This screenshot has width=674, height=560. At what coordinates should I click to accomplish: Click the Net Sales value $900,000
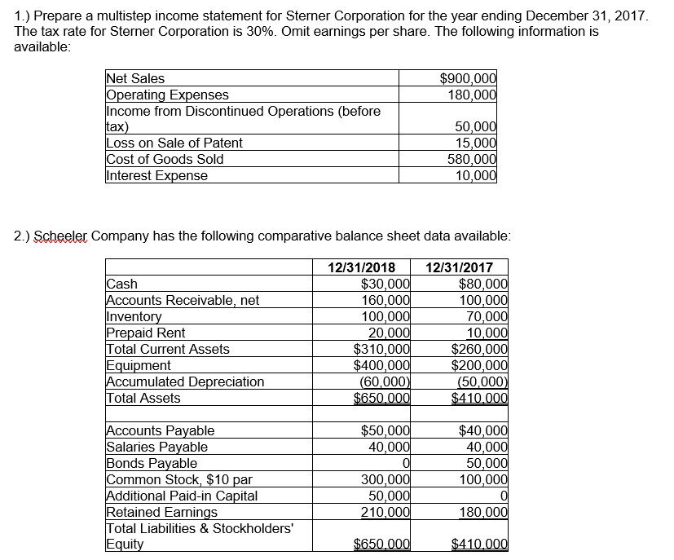467,78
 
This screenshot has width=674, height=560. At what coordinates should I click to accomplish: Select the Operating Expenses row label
168,95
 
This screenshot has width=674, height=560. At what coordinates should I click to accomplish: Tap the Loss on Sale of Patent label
174,143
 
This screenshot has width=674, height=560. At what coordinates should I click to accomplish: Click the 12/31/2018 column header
361,267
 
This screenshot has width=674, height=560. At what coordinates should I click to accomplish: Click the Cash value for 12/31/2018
385,284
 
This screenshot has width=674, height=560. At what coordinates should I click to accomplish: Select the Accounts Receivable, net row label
183,300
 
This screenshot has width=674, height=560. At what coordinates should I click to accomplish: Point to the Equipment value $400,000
381,365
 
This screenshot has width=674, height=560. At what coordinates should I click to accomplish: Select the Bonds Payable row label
152,463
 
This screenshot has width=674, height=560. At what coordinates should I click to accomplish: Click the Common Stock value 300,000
385,479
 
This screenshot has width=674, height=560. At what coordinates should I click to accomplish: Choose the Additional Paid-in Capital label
183,496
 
